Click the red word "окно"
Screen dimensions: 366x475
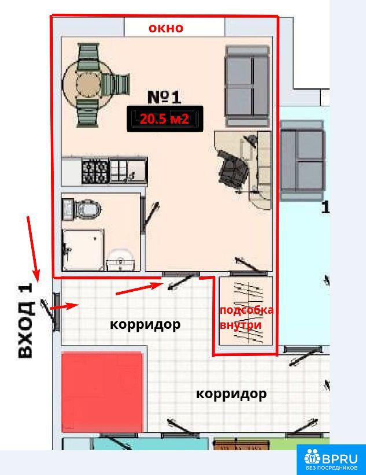coord(166,28)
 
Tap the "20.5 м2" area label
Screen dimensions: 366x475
coord(165,119)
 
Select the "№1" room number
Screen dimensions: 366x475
coord(164,97)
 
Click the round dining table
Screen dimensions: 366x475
coord(87,82)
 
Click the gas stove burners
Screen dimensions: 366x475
coord(95,171)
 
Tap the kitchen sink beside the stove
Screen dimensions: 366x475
coord(124,170)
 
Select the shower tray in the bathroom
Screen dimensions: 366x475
coord(83,250)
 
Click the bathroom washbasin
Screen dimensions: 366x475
coord(120,260)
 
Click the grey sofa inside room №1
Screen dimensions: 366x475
coord(247,86)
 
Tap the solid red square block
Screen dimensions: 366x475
coord(102,392)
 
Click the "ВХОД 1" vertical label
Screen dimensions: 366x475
coord(25,321)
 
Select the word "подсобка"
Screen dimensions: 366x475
coord(246,310)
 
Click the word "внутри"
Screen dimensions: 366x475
coord(240,325)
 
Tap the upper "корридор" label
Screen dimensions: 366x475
coord(145,325)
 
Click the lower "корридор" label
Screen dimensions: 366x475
coord(231,394)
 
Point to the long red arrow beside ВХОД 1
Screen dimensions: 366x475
coord(33,249)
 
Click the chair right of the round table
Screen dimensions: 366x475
coord(116,85)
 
